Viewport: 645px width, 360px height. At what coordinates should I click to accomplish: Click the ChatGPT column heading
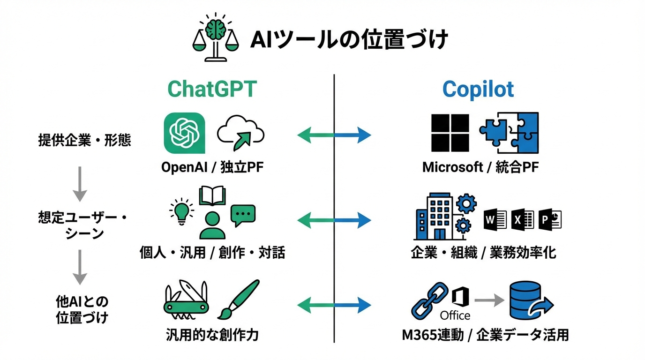click(x=212, y=89)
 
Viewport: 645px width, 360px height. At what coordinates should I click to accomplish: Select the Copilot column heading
click(x=478, y=89)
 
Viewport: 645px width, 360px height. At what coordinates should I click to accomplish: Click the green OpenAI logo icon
click(x=185, y=133)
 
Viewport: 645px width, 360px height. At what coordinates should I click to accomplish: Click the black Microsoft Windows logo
click(x=450, y=133)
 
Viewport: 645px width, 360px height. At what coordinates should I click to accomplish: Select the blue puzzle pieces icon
click(x=509, y=133)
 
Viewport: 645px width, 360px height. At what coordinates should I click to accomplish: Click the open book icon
click(x=212, y=196)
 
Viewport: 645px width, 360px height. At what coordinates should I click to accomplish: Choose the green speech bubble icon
click(x=243, y=216)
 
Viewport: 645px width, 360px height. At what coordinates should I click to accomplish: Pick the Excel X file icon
click(x=523, y=219)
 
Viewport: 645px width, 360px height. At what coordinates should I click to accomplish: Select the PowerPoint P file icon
click(x=550, y=219)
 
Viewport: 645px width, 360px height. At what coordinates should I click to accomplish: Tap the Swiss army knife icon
click(x=186, y=299)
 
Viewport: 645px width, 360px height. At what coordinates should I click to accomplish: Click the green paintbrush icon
click(x=238, y=299)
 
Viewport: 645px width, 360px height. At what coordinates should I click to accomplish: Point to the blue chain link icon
click(x=429, y=300)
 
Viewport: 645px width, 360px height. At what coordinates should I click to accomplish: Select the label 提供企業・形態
click(x=84, y=140)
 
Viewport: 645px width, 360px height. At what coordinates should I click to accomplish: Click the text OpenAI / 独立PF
click(x=212, y=167)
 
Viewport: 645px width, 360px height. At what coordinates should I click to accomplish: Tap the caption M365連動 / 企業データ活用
click(x=485, y=335)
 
